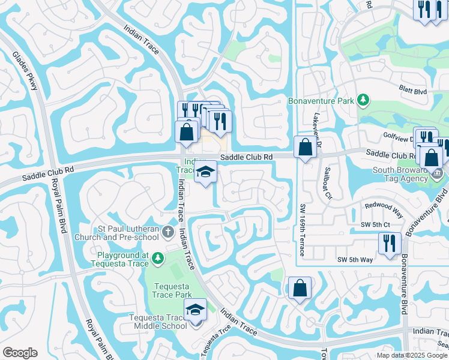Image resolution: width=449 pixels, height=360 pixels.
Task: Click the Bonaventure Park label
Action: click(321, 101)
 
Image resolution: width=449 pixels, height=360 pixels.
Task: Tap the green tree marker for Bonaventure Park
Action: click(363, 100)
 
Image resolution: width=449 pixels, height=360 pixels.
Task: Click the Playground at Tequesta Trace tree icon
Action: click(157, 258)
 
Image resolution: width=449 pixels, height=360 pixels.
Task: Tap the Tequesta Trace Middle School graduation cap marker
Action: click(195, 311)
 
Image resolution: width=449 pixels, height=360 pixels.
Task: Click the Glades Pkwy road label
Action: click(25, 70)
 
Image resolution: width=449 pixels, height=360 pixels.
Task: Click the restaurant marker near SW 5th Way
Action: click(390, 243)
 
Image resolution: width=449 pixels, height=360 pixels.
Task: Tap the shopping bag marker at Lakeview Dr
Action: click(305, 146)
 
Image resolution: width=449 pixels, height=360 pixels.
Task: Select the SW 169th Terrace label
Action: click(303, 230)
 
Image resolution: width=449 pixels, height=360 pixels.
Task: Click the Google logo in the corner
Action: click(20, 353)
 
